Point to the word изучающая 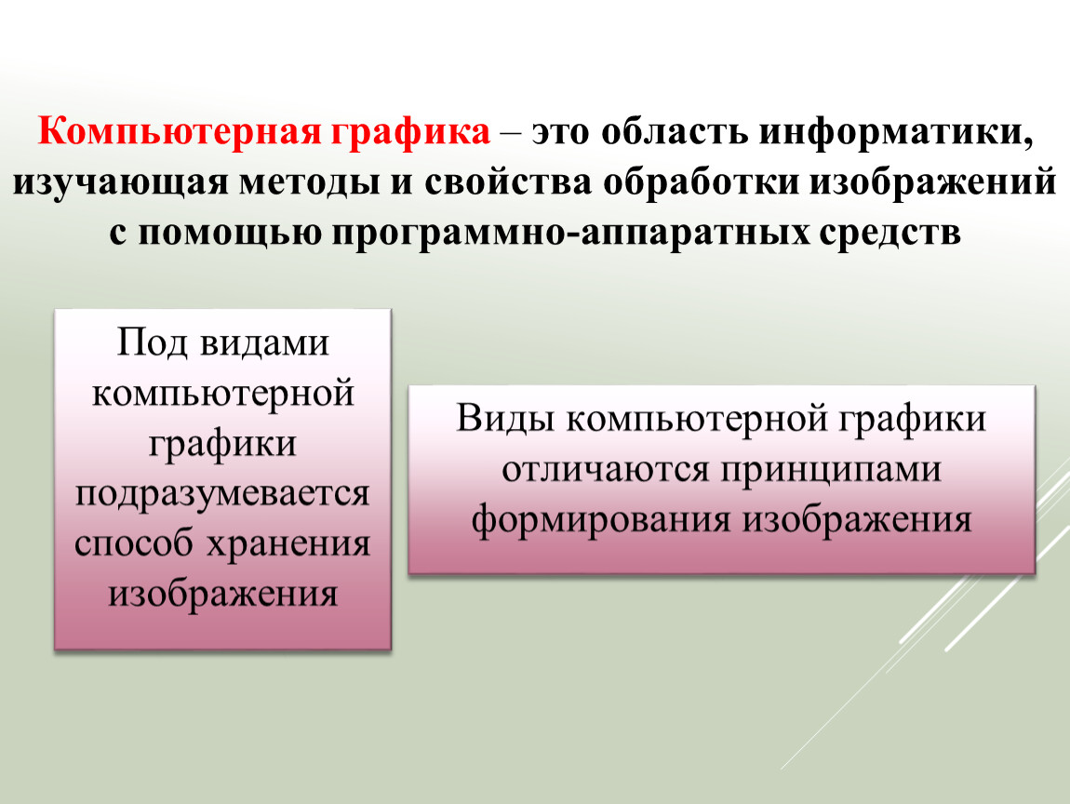click(x=120, y=183)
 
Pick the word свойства click(x=508, y=182)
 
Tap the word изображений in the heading click(x=933, y=182)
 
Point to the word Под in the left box click(x=152, y=342)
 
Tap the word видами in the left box click(x=264, y=342)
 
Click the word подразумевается click(x=222, y=494)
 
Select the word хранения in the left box click(x=288, y=544)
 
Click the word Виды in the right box click(x=505, y=418)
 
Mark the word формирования click(x=601, y=520)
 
